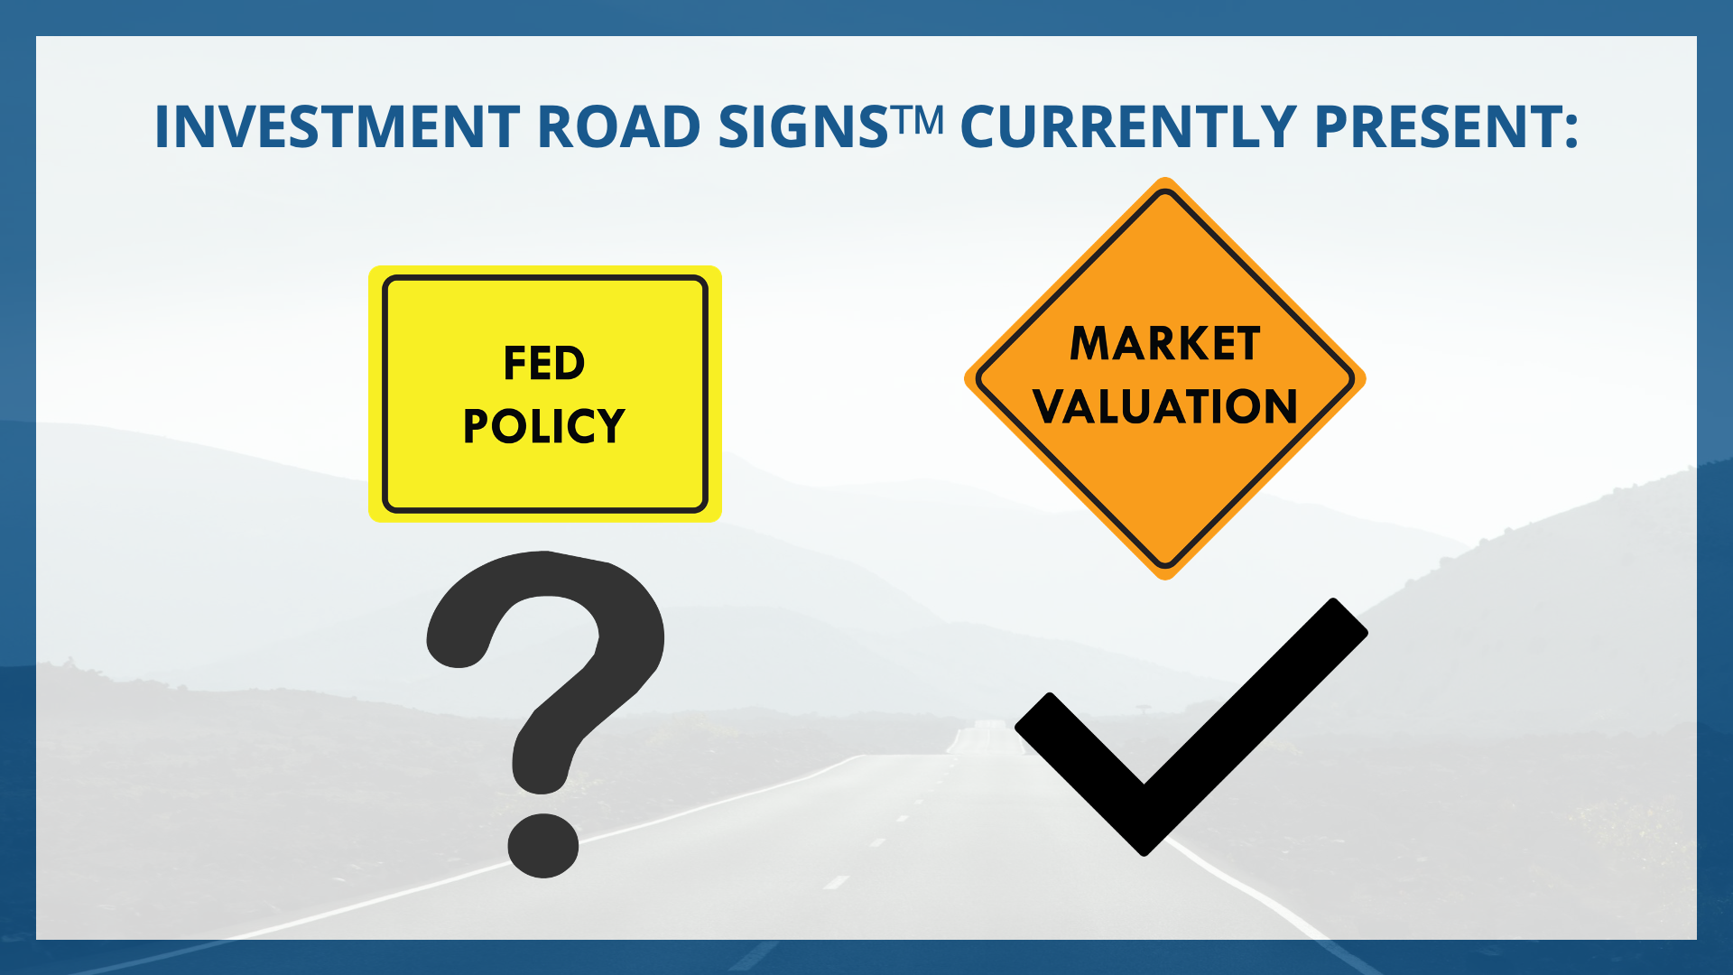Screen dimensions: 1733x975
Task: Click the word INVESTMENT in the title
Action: coord(338,126)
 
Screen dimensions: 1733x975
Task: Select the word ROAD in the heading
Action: coord(619,126)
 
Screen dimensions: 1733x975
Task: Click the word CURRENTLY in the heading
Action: coord(1128,126)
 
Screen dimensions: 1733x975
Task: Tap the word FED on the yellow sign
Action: coord(544,363)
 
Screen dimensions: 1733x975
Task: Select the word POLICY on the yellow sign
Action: coord(544,426)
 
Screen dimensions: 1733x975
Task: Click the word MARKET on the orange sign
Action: coord(1165,344)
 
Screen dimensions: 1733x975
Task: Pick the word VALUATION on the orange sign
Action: coord(1165,406)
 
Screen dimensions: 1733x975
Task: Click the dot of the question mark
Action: coord(542,845)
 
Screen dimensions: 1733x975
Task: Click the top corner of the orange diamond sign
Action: coord(1165,179)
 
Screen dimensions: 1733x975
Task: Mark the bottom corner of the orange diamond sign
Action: coord(1165,579)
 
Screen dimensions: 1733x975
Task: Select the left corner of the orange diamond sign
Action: coord(966,379)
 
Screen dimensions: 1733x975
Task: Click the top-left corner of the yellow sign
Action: coord(370,267)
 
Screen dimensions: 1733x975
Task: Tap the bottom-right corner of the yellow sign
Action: coord(720,520)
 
